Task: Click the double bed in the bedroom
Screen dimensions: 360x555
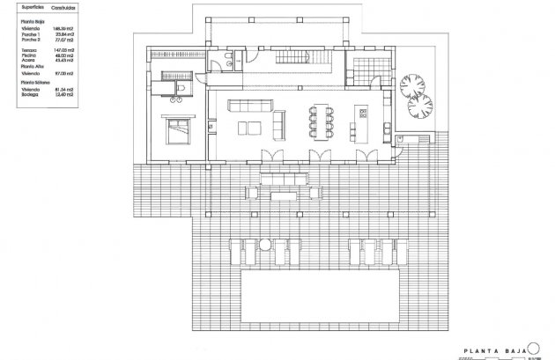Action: tap(175, 129)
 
